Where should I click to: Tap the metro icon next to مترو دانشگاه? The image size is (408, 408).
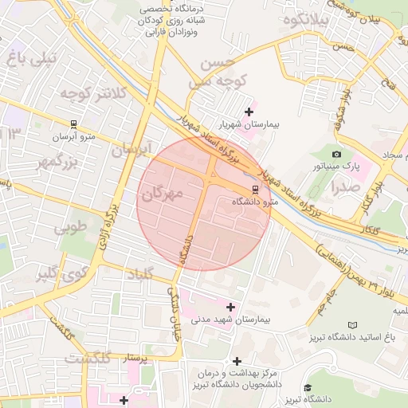[255, 190]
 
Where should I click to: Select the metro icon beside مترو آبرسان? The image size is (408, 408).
[73, 124]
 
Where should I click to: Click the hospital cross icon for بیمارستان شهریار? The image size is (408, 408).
[249, 112]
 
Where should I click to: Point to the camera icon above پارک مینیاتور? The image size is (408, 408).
[336, 154]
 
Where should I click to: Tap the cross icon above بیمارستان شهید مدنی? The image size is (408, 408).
[231, 307]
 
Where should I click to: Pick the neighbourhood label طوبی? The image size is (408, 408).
[70, 228]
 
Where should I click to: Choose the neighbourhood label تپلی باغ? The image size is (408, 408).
[32, 57]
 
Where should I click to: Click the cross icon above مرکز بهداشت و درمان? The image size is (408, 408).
[237, 361]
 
